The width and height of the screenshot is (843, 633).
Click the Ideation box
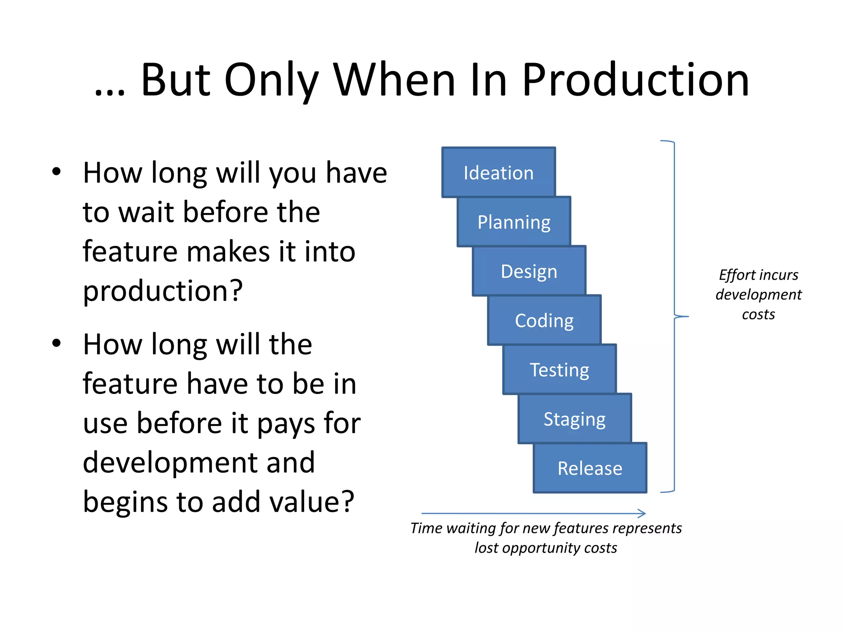click(498, 172)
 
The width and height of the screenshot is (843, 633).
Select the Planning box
click(514, 222)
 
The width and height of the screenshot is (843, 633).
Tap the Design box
click(529, 271)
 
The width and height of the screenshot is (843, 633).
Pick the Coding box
click(544, 320)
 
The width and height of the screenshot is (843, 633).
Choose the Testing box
click(559, 369)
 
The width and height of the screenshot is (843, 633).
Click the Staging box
click(575, 419)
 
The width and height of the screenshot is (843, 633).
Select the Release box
click(590, 468)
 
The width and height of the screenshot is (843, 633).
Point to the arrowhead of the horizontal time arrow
click(643, 513)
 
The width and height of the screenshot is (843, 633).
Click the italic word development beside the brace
click(758, 295)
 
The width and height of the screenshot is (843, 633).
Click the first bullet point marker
click(56, 171)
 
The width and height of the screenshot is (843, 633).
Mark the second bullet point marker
click(56, 343)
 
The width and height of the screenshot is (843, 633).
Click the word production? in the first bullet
click(163, 291)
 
